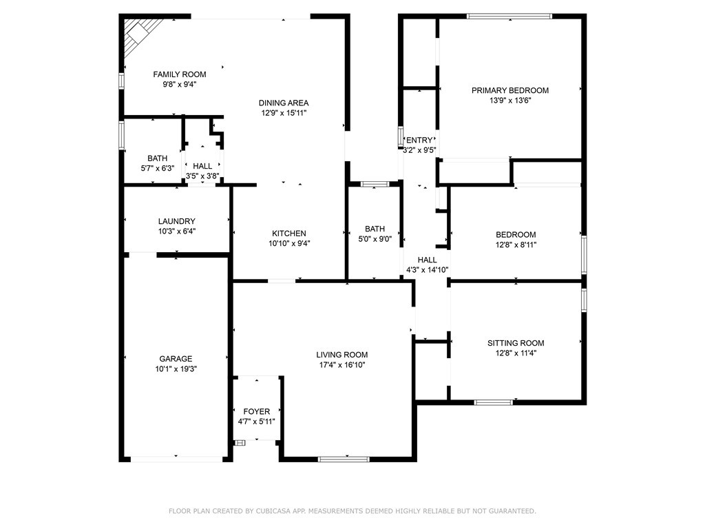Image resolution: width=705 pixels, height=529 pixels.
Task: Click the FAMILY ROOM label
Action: pyautogui.click(x=180, y=74)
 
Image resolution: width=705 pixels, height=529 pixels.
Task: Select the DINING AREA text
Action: pyautogui.click(x=283, y=103)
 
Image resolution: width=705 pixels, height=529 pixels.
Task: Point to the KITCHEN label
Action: pyautogui.click(x=289, y=234)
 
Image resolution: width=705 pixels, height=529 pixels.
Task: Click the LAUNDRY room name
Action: pyautogui.click(x=177, y=221)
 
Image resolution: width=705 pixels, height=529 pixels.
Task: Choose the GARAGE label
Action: pyautogui.click(x=176, y=359)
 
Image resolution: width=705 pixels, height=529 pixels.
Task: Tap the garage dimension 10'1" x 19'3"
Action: pyautogui.click(x=176, y=369)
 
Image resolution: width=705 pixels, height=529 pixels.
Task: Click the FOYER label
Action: pyautogui.click(x=256, y=412)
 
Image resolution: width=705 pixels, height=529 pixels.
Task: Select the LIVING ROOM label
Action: pyautogui.click(x=341, y=355)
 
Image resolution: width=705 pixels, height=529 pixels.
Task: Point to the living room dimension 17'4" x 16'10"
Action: pyautogui.click(x=341, y=365)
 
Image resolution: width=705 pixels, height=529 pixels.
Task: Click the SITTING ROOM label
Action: pyautogui.click(x=516, y=343)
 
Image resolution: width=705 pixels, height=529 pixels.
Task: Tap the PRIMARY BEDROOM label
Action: pyautogui.click(x=510, y=90)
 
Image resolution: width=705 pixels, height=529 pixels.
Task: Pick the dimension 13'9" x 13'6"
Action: pyautogui.click(x=510, y=101)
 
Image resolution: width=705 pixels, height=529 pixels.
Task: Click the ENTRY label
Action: pyautogui.click(x=419, y=141)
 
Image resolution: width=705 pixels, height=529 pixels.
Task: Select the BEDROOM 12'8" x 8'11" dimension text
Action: pyautogui.click(x=516, y=245)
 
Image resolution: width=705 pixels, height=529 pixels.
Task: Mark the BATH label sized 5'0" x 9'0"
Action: pyautogui.click(x=375, y=229)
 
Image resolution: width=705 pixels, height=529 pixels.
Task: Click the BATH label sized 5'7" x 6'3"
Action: pyautogui.click(x=158, y=158)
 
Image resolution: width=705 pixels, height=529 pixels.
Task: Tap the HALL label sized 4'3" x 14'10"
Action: pyautogui.click(x=427, y=260)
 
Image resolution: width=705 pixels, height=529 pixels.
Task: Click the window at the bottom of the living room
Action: pyautogui.click(x=344, y=459)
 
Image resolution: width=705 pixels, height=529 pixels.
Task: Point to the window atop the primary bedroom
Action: pyautogui.click(x=509, y=17)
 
